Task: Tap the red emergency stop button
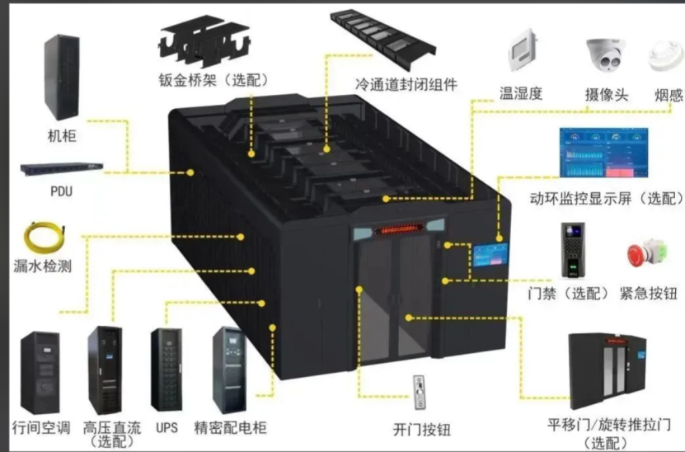tap(647, 253)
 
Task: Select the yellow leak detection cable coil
tap(45, 238)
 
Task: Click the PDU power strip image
tap(62, 169)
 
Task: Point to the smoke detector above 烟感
tap(666, 56)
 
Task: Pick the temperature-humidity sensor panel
tap(523, 50)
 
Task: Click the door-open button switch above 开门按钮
tap(420, 393)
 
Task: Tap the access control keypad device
tap(573, 250)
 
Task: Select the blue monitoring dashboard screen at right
tap(603, 153)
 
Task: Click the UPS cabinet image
tap(167, 370)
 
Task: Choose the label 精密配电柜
tap(230, 427)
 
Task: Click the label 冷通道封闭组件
tap(406, 84)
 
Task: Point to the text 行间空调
tap(41, 427)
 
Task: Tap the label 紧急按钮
tap(648, 293)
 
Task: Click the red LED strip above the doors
tap(398, 229)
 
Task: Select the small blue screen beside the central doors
tap(490, 255)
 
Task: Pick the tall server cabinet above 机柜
tap(62, 77)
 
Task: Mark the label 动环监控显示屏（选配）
tap(607, 199)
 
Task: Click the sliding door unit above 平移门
tap(608, 370)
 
